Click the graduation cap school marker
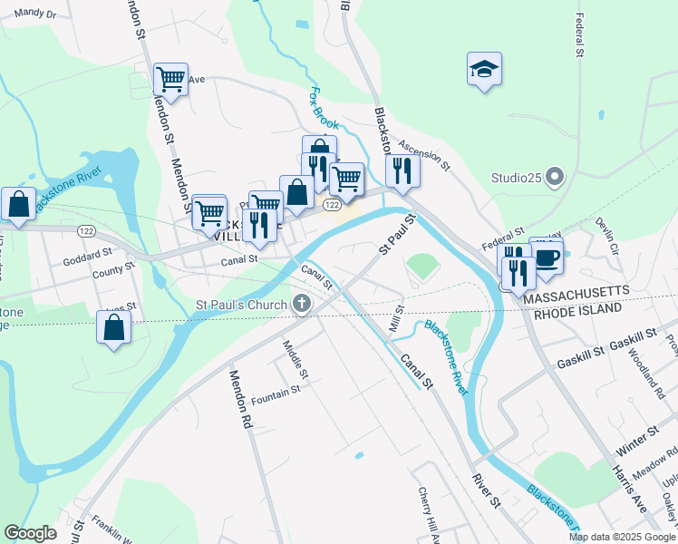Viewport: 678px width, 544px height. coord(485,69)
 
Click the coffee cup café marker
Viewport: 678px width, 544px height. coord(547,257)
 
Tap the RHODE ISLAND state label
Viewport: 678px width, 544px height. coord(576,309)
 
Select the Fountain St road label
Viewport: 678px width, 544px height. coord(276,395)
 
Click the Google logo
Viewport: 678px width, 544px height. coord(30,533)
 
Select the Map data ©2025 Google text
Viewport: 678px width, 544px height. coord(623,537)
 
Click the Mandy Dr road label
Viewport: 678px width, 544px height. coord(35,14)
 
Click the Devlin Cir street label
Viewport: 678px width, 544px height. coord(606,235)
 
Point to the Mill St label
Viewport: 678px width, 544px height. coord(395,318)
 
